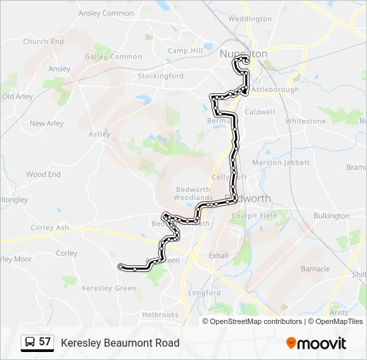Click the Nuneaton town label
point(244,54)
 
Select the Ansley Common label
point(106,13)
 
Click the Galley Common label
point(113,57)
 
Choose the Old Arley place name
point(17,97)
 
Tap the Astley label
point(99,134)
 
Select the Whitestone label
point(306,121)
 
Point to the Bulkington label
point(331,216)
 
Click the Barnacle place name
point(316,269)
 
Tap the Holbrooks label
point(160,315)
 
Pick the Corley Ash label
point(50,228)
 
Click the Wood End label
point(43,175)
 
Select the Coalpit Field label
point(254,216)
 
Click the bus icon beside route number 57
point(30,343)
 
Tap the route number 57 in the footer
point(45,342)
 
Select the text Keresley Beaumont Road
point(120,343)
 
